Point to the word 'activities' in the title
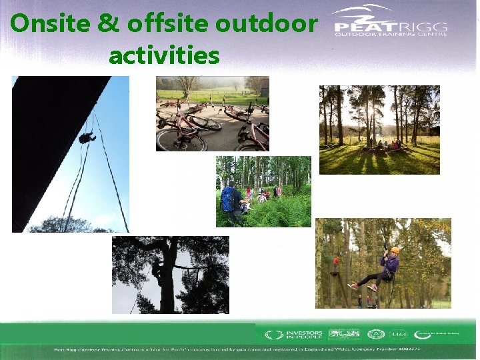point(163,55)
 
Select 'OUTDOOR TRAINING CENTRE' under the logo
point(390,33)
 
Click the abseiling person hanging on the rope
point(86,138)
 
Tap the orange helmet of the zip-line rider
point(395,251)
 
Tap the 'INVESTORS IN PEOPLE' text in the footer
point(303,334)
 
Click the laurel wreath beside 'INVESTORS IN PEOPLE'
point(271,335)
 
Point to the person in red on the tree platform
point(337,262)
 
